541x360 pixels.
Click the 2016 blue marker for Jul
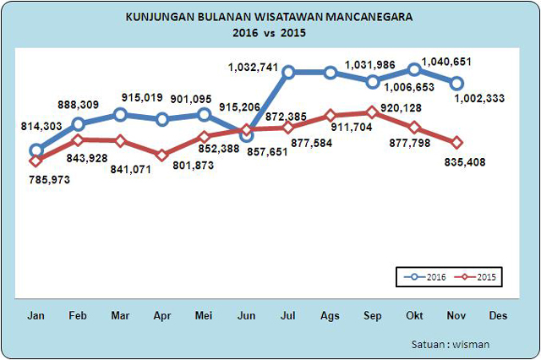tap(288, 73)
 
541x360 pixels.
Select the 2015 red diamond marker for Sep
tap(372, 112)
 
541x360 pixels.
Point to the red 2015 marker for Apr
tap(162, 155)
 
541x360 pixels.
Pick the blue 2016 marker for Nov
tap(456, 83)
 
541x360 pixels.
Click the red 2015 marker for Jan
tap(36, 161)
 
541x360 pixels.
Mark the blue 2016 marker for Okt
tap(414, 69)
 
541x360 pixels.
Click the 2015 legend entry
tap(475, 276)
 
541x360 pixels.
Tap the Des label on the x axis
tap(498, 315)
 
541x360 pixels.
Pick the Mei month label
tap(204, 315)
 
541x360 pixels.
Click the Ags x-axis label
tap(331, 315)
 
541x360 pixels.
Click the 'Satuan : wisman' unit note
tap(451, 344)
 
